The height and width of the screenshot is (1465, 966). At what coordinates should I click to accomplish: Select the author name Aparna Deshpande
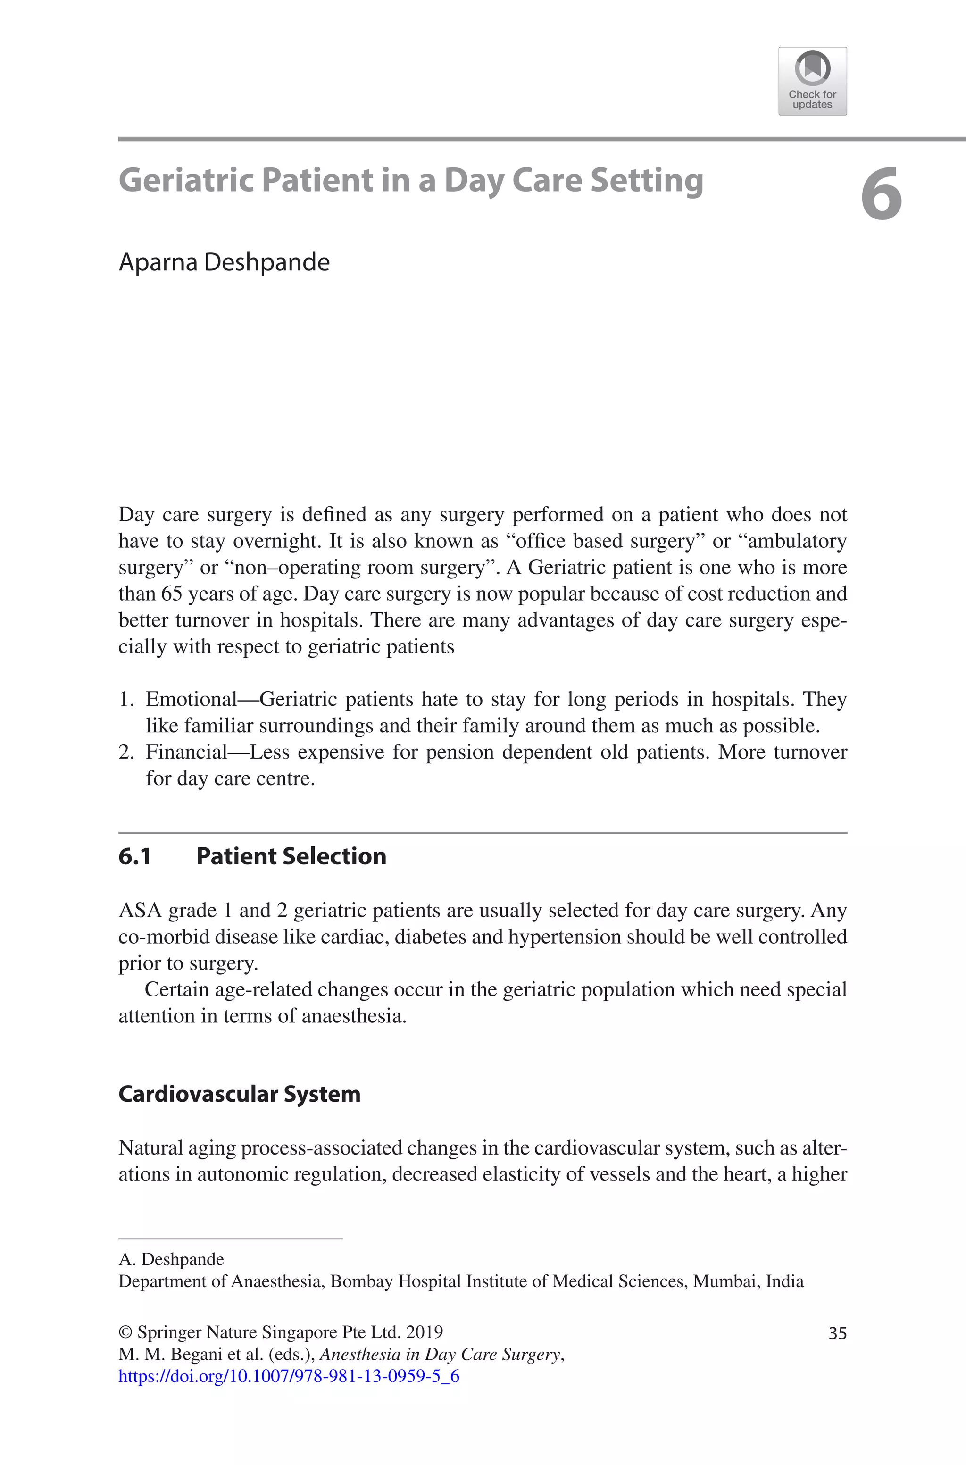224,262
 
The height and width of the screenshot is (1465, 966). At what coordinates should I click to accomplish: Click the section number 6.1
134,856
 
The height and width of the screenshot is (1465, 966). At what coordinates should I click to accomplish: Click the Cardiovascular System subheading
239,1094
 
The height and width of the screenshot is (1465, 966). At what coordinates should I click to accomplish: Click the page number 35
837,1333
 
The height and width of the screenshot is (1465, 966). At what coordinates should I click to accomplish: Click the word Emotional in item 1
191,700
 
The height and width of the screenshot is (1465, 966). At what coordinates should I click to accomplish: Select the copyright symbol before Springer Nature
125,1332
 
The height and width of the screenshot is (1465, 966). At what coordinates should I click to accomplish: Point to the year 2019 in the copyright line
425,1332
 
